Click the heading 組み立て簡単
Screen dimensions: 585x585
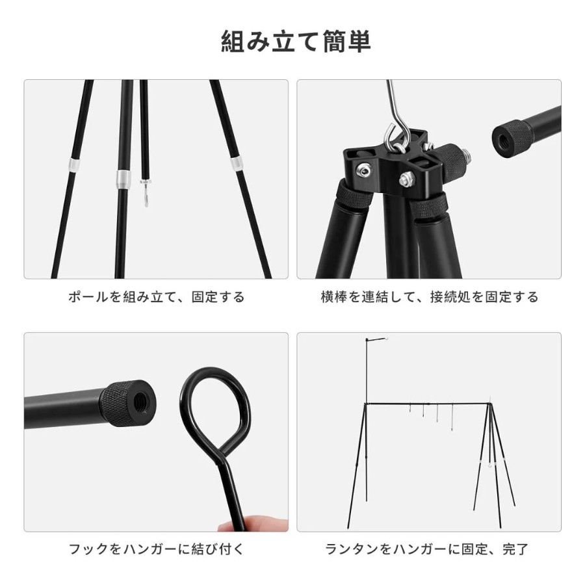[296, 42]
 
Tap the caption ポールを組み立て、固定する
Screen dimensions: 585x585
[156, 297]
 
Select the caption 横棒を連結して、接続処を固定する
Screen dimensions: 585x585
[430, 297]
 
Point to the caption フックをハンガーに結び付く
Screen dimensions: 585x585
[156, 549]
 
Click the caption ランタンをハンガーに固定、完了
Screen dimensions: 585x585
[427, 549]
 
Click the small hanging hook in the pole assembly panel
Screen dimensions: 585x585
[146, 193]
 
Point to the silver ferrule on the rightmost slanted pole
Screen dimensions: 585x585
[235, 164]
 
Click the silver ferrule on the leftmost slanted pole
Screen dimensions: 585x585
[74, 164]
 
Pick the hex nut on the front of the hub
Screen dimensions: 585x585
[408, 179]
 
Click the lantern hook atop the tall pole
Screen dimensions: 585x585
[389, 339]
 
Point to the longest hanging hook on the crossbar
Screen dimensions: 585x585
[452, 417]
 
